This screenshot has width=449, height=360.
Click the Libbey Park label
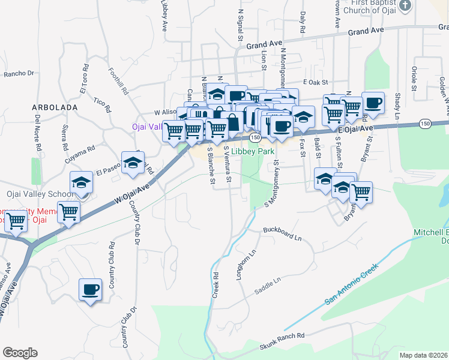(253, 152)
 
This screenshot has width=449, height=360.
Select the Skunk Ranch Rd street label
(282, 342)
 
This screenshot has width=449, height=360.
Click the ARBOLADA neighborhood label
(55, 107)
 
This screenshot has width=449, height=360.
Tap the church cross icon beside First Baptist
(406, 6)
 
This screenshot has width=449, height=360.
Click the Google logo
(20, 353)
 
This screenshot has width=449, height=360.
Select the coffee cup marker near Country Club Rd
(91, 290)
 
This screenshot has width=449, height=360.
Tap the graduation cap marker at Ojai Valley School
(82, 183)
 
